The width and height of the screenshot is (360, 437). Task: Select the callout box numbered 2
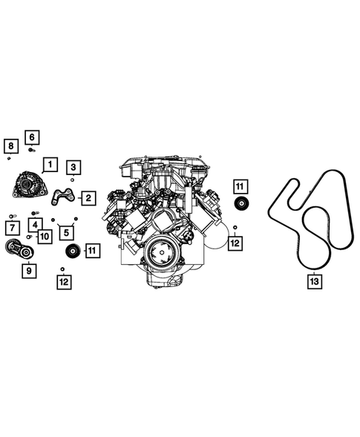88,198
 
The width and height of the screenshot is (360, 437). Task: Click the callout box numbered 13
314,282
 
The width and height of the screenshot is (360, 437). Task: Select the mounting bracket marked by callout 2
64,197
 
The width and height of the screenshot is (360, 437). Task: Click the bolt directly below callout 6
31,149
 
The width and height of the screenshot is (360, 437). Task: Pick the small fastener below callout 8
8,158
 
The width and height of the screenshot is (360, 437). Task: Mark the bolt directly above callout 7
12,217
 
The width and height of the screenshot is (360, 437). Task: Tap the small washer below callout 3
73,180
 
